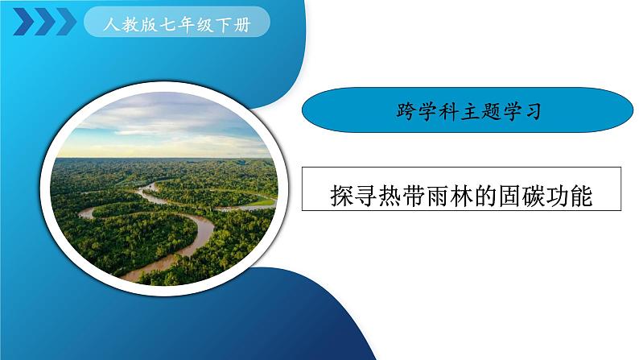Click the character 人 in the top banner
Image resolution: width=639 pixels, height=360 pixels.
[111, 24]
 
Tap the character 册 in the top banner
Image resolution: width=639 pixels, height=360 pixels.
[242, 25]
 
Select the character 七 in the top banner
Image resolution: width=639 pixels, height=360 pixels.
[167, 25]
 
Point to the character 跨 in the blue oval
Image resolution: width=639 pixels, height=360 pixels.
[405, 110]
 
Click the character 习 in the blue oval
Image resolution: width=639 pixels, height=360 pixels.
[533, 111]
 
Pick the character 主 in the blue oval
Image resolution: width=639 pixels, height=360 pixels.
[468, 111]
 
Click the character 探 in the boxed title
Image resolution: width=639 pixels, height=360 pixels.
[342, 196]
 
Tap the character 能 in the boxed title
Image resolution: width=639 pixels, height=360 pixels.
[581, 196]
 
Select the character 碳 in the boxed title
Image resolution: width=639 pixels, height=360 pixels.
[534, 196]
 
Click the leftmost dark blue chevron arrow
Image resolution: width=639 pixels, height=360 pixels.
[23, 22]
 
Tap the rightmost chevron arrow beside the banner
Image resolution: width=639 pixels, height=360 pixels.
[66, 22]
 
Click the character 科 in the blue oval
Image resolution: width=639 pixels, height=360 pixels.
[447, 111]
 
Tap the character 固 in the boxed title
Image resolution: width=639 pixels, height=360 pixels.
[509, 196]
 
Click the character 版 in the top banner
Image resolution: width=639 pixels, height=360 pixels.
[149, 25]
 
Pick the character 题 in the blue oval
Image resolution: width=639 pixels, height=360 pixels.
[490, 111]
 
